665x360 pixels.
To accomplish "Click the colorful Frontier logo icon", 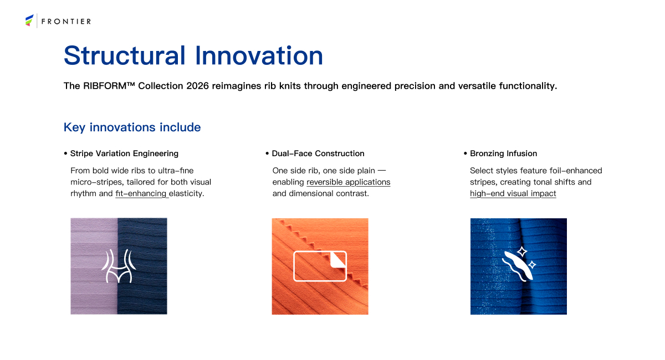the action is click(29, 20).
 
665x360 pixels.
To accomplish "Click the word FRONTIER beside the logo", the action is click(66, 22).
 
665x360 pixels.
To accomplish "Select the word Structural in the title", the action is click(125, 55).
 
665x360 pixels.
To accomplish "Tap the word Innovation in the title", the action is click(259, 55).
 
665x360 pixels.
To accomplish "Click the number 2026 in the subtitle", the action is click(197, 86).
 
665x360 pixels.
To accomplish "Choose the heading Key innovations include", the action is click(132, 127).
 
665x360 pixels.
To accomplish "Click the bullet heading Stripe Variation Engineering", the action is click(124, 153).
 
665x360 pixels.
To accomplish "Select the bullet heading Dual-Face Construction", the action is click(318, 153).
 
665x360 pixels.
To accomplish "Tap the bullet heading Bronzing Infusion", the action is click(504, 153).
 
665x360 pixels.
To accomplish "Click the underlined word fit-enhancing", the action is click(141, 193).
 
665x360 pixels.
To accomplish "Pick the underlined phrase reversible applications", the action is click(348, 182).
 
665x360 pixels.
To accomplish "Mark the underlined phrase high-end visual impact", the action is click(513, 193).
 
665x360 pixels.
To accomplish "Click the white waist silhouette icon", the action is click(119, 266).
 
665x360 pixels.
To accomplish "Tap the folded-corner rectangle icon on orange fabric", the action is click(320, 266).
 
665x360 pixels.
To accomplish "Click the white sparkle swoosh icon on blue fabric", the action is click(519, 264).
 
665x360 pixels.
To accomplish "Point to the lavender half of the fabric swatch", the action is click(94, 266).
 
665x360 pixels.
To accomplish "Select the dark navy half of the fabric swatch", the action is click(142, 266).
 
